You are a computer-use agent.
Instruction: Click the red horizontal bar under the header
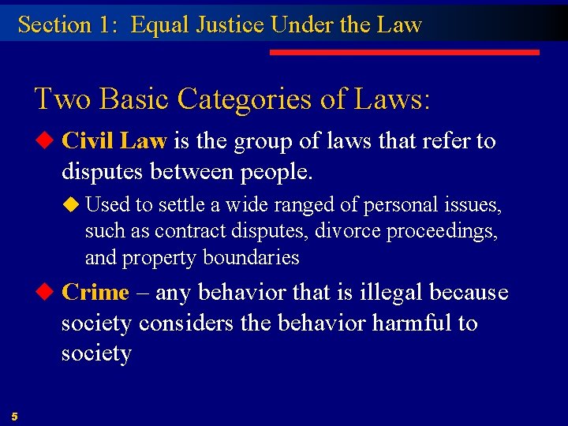tap(404, 52)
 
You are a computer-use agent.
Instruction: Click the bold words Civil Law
tap(114, 141)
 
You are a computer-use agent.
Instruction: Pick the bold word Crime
tap(95, 292)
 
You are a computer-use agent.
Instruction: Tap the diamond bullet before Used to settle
tap(73, 205)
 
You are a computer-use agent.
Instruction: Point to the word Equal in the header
tap(157, 24)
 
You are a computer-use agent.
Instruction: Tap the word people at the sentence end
tap(264, 171)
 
